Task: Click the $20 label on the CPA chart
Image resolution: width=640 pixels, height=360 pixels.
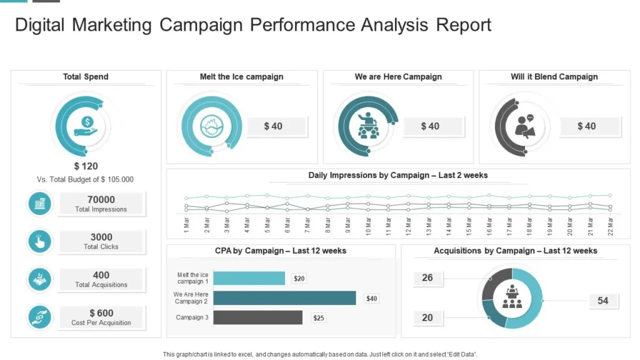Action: point(299,279)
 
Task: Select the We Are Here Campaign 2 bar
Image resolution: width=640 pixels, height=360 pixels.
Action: point(284,298)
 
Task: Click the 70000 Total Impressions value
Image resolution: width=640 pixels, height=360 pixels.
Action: point(101,200)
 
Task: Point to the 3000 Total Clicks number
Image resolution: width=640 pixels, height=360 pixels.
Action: point(101,237)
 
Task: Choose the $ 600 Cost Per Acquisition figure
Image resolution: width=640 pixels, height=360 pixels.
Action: point(101,313)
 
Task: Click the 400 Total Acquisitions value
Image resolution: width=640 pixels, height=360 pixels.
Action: point(101,275)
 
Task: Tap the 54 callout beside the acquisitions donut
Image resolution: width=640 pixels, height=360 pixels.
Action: point(602,301)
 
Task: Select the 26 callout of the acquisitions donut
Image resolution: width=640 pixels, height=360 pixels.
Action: point(427,277)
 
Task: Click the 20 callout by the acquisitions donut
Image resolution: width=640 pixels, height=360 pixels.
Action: point(427,317)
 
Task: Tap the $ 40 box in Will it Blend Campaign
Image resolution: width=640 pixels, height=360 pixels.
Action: point(587,126)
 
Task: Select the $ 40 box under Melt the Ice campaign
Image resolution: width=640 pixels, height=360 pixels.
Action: point(273,126)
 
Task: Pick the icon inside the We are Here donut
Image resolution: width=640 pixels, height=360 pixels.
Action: point(367,125)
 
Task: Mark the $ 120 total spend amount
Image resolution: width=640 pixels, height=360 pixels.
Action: point(86,166)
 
